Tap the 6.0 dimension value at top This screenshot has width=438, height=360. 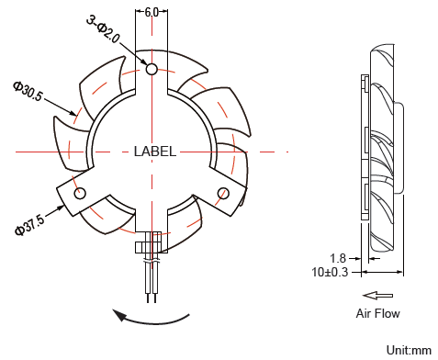[152, 12]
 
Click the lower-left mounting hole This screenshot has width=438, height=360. [81, 193]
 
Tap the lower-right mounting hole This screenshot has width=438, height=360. [223, 192]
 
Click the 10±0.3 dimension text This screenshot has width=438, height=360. [331, 272]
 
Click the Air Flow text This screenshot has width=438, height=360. [377, 313]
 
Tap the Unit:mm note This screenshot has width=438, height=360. [409, 350]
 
